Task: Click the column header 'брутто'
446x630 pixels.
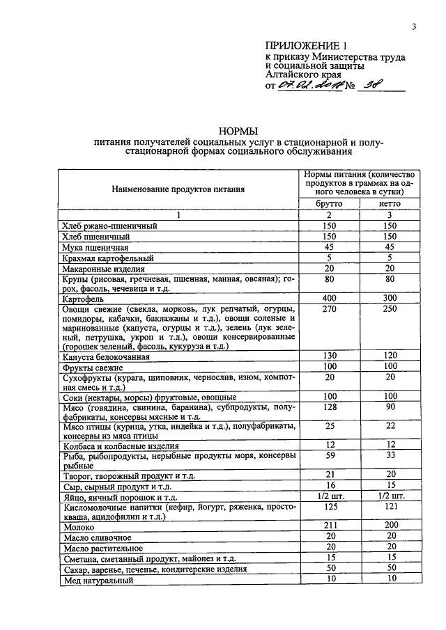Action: [330, 203]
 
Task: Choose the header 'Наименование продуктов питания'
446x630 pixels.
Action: [178, 189]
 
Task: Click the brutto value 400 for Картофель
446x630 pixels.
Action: [330, 297]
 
